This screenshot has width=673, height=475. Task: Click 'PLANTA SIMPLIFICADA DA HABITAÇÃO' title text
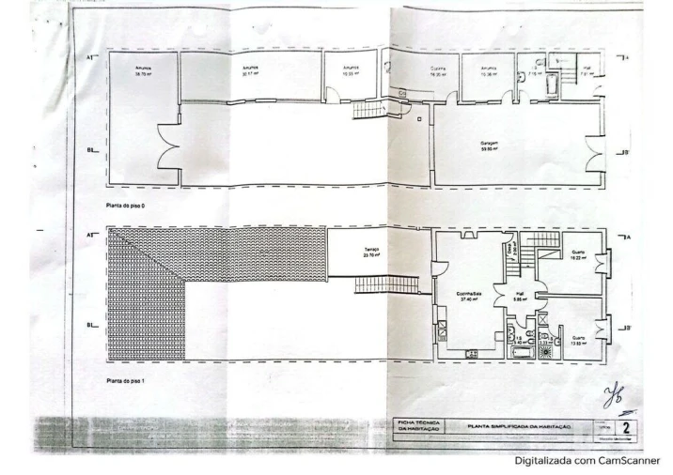pyautogui.click(x=520, y=426)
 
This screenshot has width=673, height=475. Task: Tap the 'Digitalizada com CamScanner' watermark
pyautogui.click(x=587, y=461)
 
